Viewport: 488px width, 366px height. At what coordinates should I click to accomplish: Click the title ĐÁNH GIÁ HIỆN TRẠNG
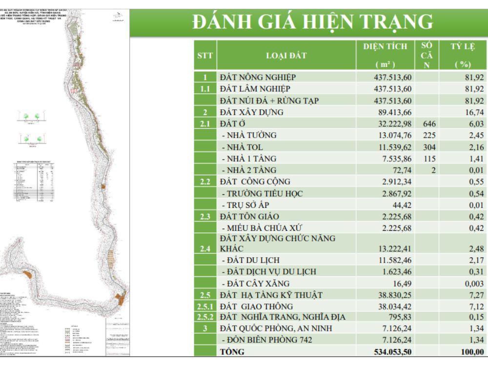click(313, 22)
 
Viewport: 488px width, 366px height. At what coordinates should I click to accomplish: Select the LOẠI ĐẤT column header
click(286, 55)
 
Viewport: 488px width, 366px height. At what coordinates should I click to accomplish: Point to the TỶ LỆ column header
click(462, 55)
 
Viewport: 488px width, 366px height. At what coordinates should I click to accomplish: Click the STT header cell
click(205, 55)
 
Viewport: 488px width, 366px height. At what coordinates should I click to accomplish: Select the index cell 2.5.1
click(205, 306)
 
